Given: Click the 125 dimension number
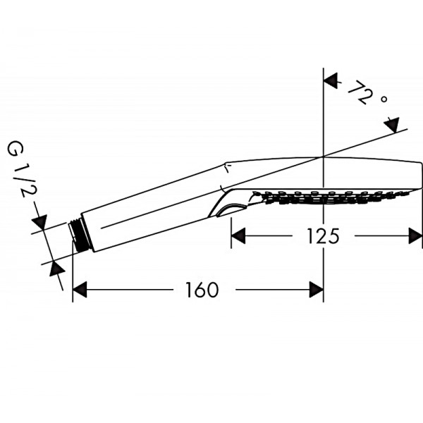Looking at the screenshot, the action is [x=323, y=236].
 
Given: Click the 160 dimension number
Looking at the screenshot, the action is [x=202, y=290].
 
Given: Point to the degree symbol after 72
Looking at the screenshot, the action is [x=384, y=99].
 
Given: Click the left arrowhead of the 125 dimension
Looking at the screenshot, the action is [x=238, y=235].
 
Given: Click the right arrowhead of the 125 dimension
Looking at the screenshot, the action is [x=415, y=235].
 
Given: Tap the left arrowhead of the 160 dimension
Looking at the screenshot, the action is [x=80, y=290].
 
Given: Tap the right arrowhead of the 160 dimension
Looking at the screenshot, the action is [x=316, y=290].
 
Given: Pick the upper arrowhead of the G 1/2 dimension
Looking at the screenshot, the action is [x=39, y=222].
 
